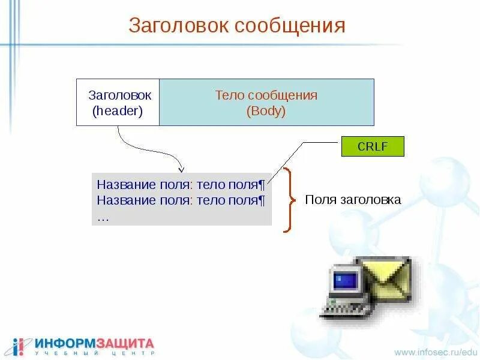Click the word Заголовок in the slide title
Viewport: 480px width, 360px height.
point(178,26)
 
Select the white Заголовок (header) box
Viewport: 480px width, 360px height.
point(118,102)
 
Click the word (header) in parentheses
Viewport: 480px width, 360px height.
point(118,111)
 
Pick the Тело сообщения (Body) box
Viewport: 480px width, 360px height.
point(266,102)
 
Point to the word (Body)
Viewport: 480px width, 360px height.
point(266,111)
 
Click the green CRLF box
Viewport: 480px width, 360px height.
point(373,146)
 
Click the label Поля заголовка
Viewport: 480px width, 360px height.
point(353,200)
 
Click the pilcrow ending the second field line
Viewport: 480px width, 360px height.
point(262,199)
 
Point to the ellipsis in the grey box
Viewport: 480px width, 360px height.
point(103,217)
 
